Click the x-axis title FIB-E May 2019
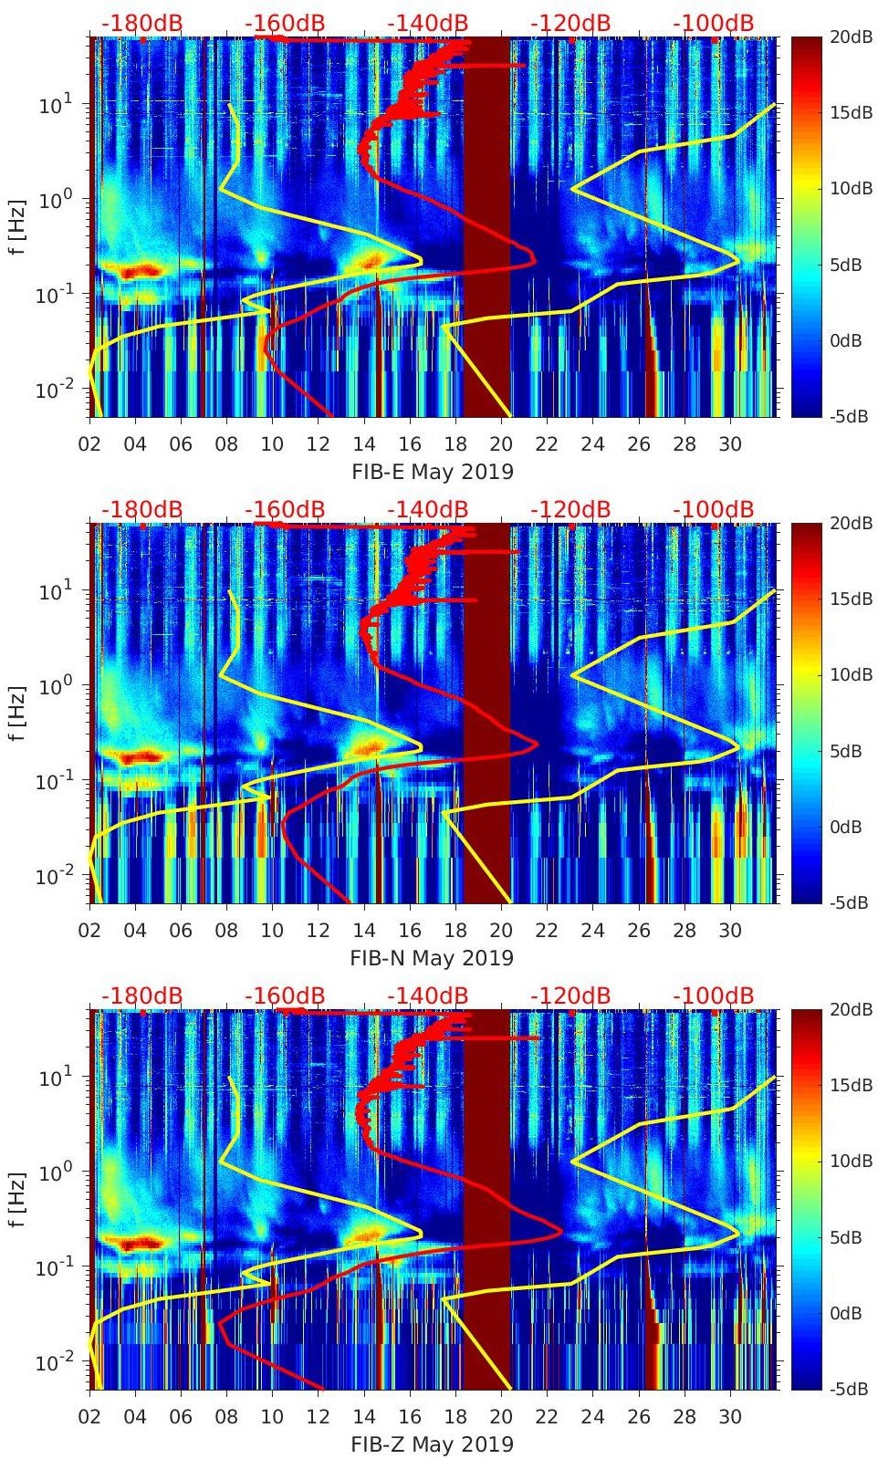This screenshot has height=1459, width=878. [432, 472]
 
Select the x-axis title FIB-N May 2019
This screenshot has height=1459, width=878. [432, 958]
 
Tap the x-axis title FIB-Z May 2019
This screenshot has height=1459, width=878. [432, 1444]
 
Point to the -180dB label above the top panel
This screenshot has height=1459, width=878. [141, 23]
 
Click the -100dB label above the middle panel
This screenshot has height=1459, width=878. [714, 509]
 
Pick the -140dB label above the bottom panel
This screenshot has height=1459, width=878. [427, 995]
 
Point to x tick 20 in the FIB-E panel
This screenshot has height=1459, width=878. [500, 444]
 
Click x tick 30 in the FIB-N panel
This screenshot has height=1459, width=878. [729, 931]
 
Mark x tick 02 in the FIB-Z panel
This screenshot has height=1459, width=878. [89, 1417]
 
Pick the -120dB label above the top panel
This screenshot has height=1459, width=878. [570, 23]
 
